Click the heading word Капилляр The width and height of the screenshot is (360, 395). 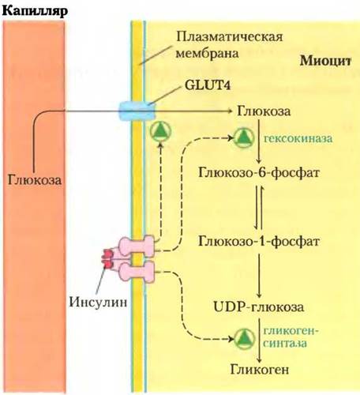pyautogui.click(x=35, y=11)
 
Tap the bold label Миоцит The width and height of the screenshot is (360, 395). pyautogui.click(x=326, y=61)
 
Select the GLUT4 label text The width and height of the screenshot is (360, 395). pyautogui.click(x=208, y=85)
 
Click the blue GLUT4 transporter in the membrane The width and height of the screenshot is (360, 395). pyautogui.click(x=137, y=111)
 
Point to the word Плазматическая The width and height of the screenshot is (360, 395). pyautogui.click(x=230, y=36)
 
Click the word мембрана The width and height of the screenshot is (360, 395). pyautogui.click(x=208, y=54)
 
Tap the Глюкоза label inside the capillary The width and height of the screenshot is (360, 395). pyautogui.click(x=35, y=180)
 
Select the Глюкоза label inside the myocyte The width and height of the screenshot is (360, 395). pyautogui.click(x=264, y=111)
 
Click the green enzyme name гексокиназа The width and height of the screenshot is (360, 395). pyautogui.click(x=298, y=138)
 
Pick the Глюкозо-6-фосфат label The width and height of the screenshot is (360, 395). pyautogui.click(x=259, y=173)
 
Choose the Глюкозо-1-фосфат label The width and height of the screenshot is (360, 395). pyautogui.click(x=259, y=241)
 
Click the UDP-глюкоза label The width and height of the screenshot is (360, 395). pyautogui.click(x=259, y=307)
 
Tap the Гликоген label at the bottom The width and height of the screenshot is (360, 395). pyautogui.click(x=260, y=370)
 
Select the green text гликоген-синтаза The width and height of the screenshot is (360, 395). pyautogui.click(x=291, y=337)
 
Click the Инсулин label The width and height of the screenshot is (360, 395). pyautogui.click(x=98, y=302)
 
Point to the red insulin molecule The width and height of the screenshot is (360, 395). pyautogui.click(x=108, y=258)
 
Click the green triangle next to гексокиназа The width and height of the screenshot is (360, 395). pyautogui.click(x=244, y=137)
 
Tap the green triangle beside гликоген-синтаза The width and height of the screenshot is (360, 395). pyautogui.click(x=245, y=339)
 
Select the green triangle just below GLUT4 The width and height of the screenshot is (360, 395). pyautogui.click(x=161, y=131)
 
